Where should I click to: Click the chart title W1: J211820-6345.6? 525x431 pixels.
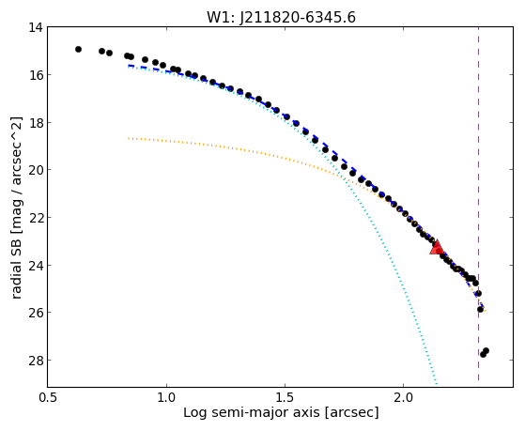tap(281, 18)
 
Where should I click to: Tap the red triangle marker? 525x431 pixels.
tap(437, 248)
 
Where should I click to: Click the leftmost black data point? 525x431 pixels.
tap(78, 49)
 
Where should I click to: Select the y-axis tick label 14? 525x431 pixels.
tap(36, 27)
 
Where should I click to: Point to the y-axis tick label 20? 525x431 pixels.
tap(36, 170)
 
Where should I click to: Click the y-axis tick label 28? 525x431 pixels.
tap(36, 361)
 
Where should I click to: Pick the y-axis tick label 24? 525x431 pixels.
tap(36, 266)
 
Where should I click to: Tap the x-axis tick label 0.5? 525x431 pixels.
tap(48, 397)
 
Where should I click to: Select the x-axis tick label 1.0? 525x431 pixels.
tap(166, 397)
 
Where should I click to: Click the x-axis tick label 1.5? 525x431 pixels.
tap(285, 397)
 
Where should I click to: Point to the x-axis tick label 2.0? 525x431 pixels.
tap(403, 397)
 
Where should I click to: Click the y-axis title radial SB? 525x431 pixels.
tap(17, 265)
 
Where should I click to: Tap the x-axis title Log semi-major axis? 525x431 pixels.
tap(252, 413)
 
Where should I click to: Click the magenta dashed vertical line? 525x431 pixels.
tap(478, 204)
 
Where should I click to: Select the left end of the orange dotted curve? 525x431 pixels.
tap(129, 138)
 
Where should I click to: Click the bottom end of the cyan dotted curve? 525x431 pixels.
tap(437, 383)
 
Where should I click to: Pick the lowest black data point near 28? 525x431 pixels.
tap(483, 354)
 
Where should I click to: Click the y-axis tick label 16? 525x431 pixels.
tap(36, 75)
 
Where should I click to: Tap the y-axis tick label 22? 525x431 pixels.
tap(36, 218)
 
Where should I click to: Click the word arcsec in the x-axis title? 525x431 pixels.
tap(351, 413)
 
